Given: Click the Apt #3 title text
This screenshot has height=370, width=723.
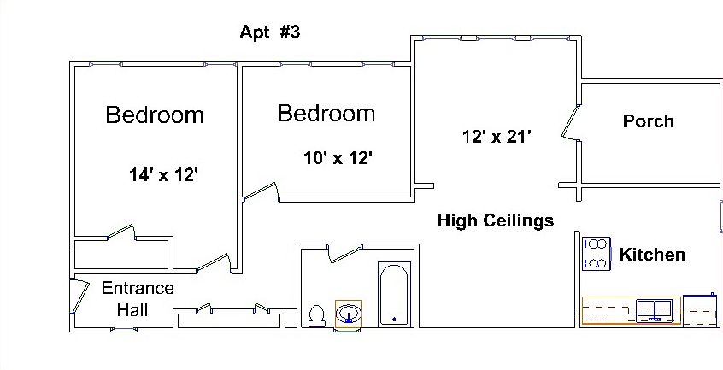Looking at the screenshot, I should (268, 33).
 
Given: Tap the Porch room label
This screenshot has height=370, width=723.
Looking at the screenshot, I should (648, 121).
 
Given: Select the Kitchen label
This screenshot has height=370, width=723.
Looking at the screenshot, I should (651, 255).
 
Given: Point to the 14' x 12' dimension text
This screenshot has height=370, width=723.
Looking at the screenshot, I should (163, 175).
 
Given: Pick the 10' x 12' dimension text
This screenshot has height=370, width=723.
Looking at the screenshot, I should (338, 158).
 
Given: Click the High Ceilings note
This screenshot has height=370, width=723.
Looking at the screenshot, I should (495, 220).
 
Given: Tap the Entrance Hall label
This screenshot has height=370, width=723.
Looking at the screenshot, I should (137, 298).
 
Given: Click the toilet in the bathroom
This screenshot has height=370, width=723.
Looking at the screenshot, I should (316, 317).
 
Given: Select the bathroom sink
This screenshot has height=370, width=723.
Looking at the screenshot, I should (349, 314).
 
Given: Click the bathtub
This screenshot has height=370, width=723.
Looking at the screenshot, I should (394, 296).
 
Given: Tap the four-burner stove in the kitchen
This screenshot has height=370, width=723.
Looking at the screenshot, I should (596, 254).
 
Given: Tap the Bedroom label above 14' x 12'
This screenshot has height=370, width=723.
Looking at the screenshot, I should (155, 115).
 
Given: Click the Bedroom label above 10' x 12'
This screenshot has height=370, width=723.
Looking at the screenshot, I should (326, 113).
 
